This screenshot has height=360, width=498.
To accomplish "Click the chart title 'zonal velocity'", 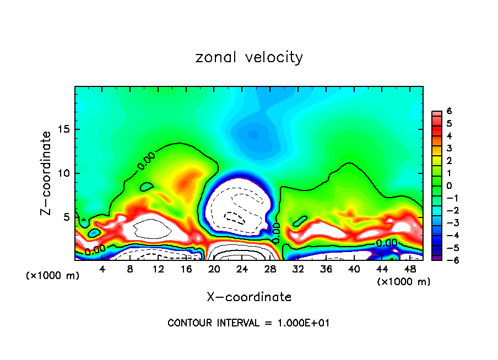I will tap(249, 57).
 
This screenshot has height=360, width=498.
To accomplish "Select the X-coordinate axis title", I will tap(249, 297).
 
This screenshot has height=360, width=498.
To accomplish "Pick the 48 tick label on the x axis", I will tap(409, 269).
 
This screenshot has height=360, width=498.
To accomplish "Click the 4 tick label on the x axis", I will tap(102, 269).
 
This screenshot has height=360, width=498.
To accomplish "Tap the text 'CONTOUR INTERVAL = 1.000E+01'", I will tap(248, 323).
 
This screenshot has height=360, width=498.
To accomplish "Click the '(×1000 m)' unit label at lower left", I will tap(53, 276).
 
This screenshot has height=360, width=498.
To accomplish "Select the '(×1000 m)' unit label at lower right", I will tap(404, 282).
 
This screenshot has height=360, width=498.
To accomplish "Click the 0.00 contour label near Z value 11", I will tap(146, 160).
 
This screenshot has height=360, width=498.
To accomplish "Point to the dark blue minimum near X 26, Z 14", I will tap(252, 134).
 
